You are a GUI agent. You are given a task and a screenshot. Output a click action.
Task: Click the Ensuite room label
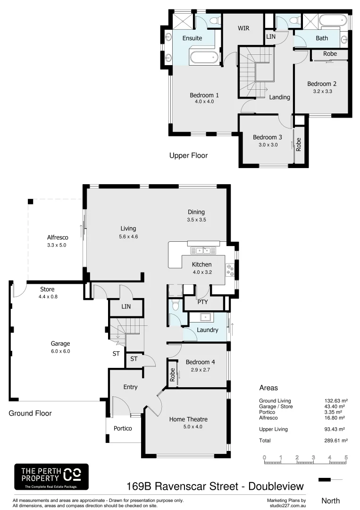pyautogui.click(x=192, y=38)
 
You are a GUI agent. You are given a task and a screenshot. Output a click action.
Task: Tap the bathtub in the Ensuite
pyautogui.click(x=204, y=58)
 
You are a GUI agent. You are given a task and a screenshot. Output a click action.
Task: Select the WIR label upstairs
pyautogui.click(x=243, y=28)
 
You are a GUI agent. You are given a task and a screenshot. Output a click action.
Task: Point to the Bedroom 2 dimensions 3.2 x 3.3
pyautogui.click(x=322, y=92)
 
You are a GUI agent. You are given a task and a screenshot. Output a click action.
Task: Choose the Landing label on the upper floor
pyautogui.click(x=279, y=97)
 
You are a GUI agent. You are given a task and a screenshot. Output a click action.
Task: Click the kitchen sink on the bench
pyautogui.click(x=203, y=250)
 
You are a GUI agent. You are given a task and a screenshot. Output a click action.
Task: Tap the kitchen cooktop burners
pyautogui.click(x=230, y=270)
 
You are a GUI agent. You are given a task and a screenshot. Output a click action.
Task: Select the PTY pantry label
pyautogui.click(x=202, y=302)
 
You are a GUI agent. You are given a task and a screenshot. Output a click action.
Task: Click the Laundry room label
pyautogui.click(x=208, y=330)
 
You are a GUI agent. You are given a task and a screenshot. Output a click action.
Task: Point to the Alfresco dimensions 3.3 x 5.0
pyautogui.click(x=58, y=246)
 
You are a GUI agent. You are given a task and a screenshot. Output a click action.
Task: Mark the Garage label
pyautogui.click(x=60, y=344)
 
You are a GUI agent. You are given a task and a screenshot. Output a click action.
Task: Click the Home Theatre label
pyautogui.click(x=188, y=419)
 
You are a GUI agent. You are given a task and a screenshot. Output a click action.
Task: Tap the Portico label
pyautogui.click(x=123, y=428)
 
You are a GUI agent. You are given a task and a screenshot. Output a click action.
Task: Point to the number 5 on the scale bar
pyautogui.click(x=346, y=457)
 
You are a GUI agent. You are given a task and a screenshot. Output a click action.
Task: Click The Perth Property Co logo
pyautogui.click(x=51, y=476)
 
